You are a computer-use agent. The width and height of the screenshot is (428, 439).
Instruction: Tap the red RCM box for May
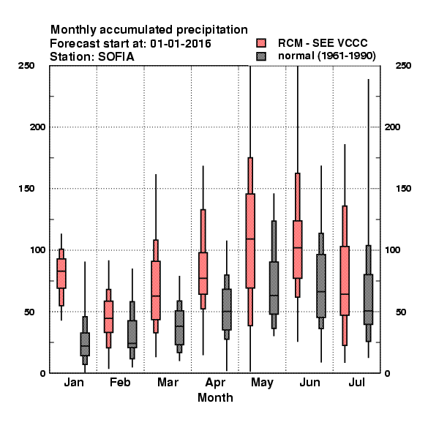[250, 241]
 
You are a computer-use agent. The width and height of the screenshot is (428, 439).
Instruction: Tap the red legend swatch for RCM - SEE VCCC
[261, 43]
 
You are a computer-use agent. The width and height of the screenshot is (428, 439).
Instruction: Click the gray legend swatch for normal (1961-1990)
[261, 56]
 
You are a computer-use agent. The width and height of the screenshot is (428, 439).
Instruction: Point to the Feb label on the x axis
[120, 382]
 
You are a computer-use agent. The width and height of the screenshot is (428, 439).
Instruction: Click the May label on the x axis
[262, 383]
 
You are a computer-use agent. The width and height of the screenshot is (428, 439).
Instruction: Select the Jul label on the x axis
[356, 382]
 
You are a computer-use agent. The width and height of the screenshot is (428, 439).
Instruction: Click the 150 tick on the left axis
[26, 189]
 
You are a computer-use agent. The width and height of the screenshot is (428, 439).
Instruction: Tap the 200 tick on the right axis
[392, 127]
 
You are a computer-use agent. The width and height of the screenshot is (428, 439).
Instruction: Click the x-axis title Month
[215, 397]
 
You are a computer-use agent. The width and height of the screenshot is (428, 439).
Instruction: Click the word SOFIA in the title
[116, 57]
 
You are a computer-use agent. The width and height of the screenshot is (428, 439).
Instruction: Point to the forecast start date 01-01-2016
[181, 44]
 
